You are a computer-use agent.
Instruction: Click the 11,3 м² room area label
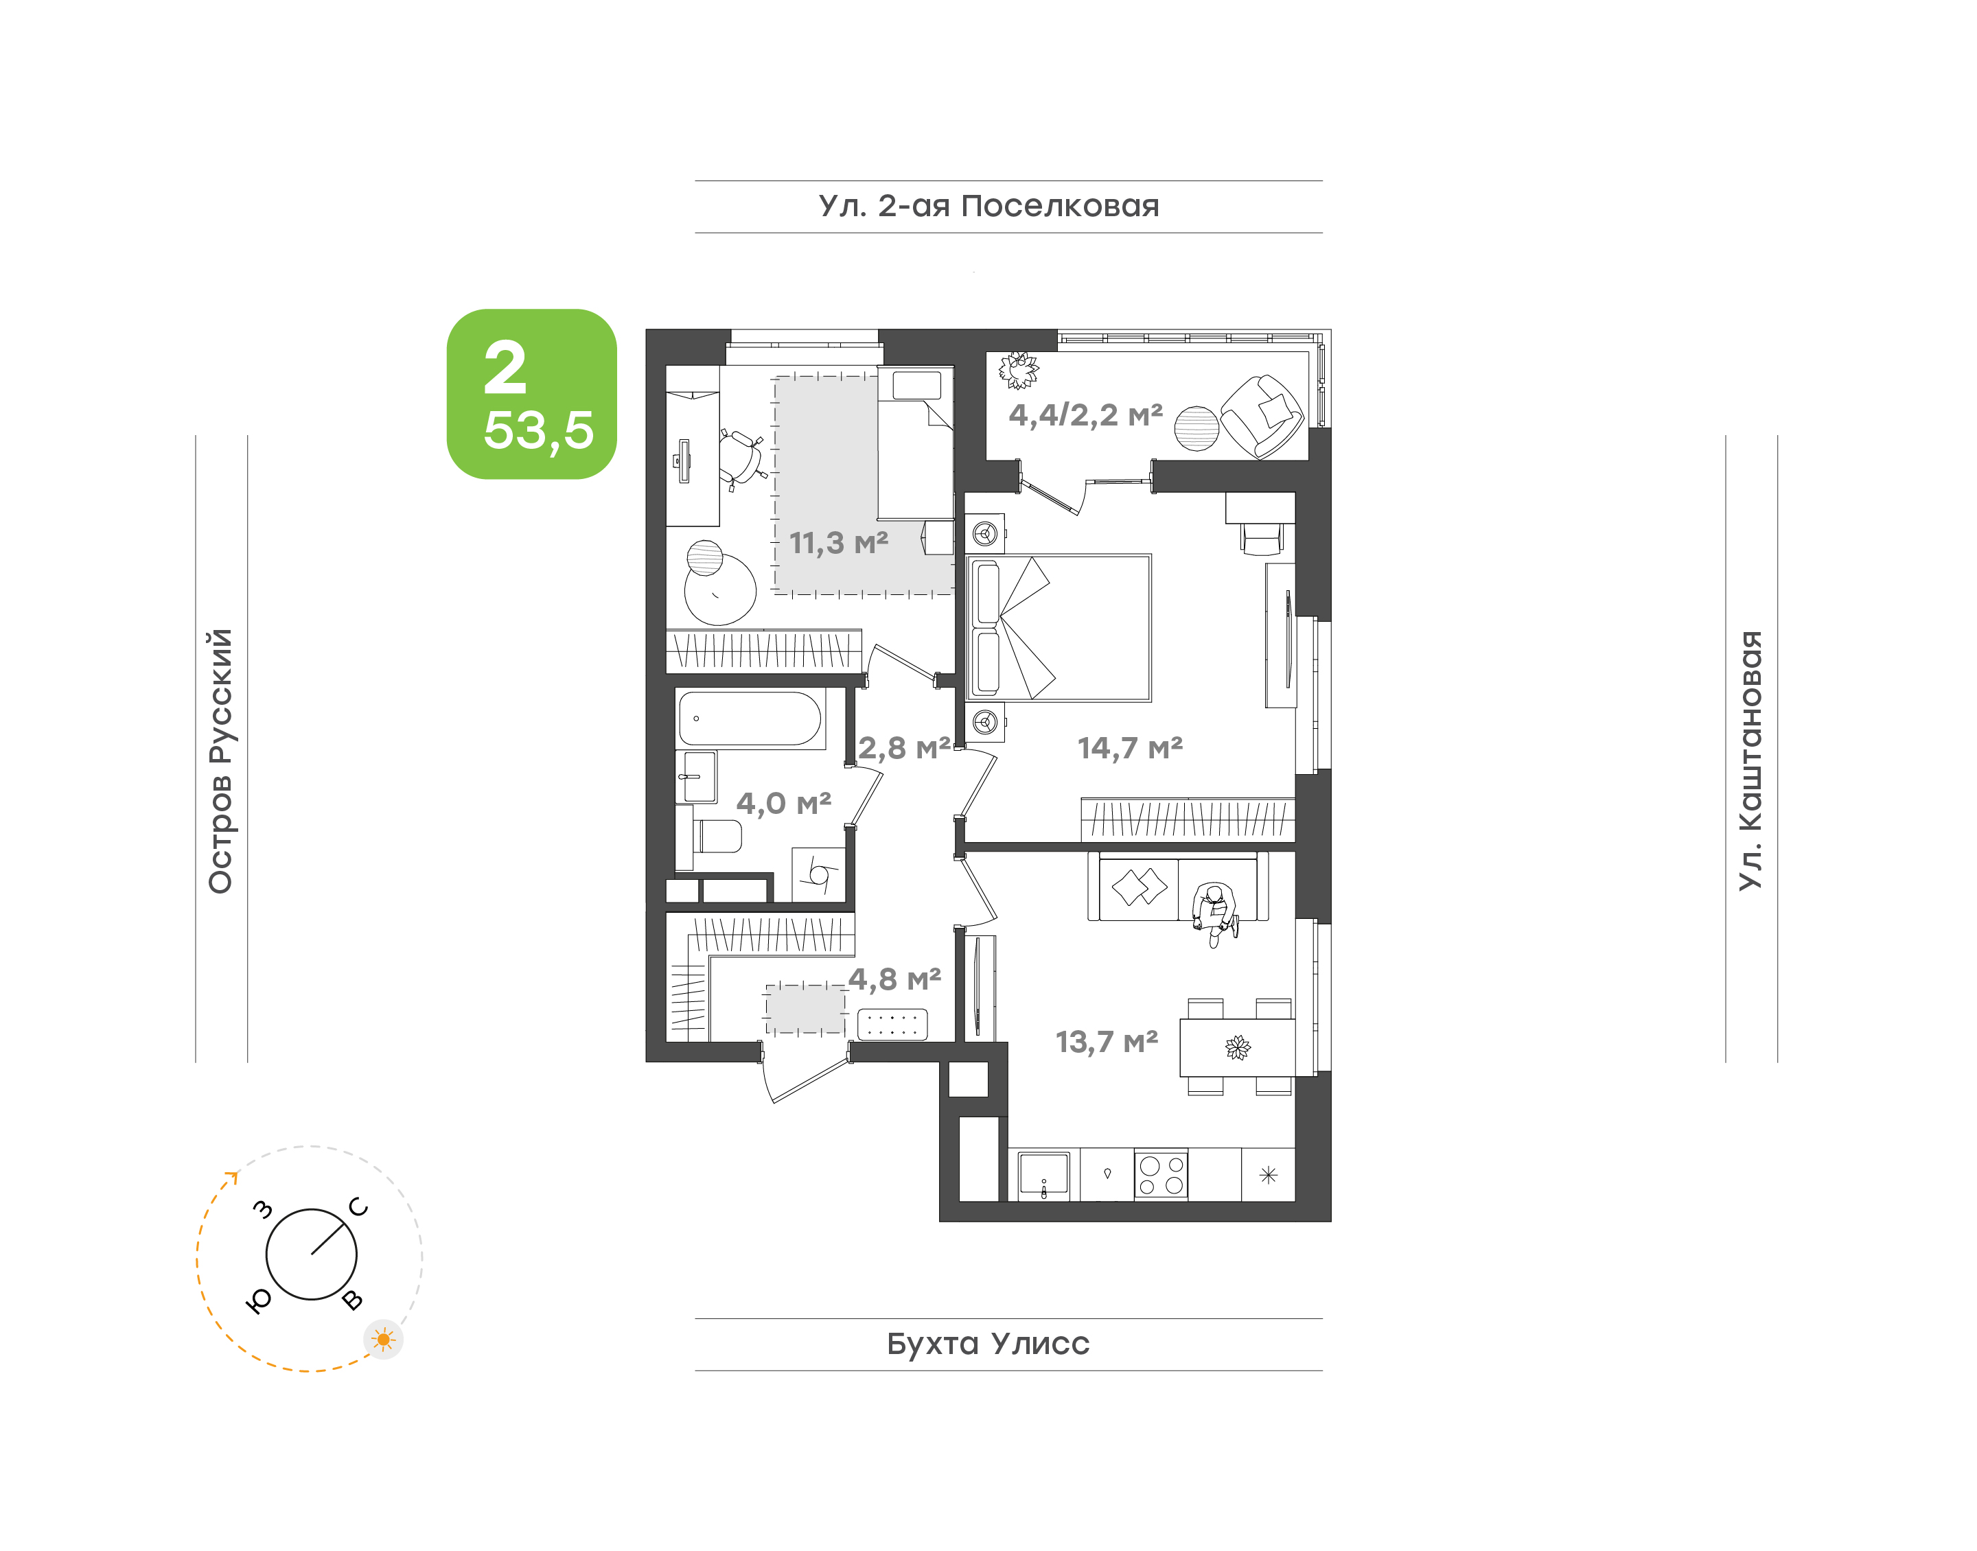coord(838,543)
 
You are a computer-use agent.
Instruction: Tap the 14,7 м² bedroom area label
coord(1130,747)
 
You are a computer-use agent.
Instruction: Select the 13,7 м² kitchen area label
coord(1106,1042)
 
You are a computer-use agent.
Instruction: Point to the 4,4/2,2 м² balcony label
coord(1085,415)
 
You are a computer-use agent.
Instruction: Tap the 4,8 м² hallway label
coord(894,979)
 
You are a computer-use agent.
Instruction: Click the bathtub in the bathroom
coord(750,719)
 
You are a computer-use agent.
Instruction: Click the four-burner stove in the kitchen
coord(1161,1175)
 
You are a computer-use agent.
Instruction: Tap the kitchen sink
coord(1043,1175)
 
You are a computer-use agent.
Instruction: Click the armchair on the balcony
coord(1262,417)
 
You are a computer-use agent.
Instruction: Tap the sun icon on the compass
coord(383,1340)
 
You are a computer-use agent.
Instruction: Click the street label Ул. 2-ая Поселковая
coord(989,206)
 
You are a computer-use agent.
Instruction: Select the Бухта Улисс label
coord(988,1344)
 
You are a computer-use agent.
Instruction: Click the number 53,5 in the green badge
coord(538,430)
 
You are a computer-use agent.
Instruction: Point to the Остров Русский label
coord(220,761)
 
